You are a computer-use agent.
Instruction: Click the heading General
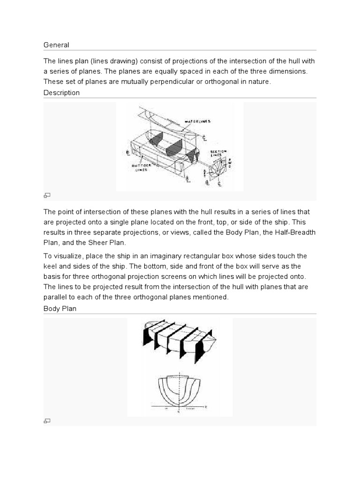56,45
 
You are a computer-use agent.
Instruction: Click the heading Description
61,93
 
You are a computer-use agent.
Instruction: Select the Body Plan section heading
60,309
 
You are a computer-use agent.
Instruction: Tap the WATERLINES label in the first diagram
197,121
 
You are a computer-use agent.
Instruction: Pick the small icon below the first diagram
47,195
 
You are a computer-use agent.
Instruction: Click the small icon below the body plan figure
47,421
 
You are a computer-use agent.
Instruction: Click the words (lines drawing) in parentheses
103,61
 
